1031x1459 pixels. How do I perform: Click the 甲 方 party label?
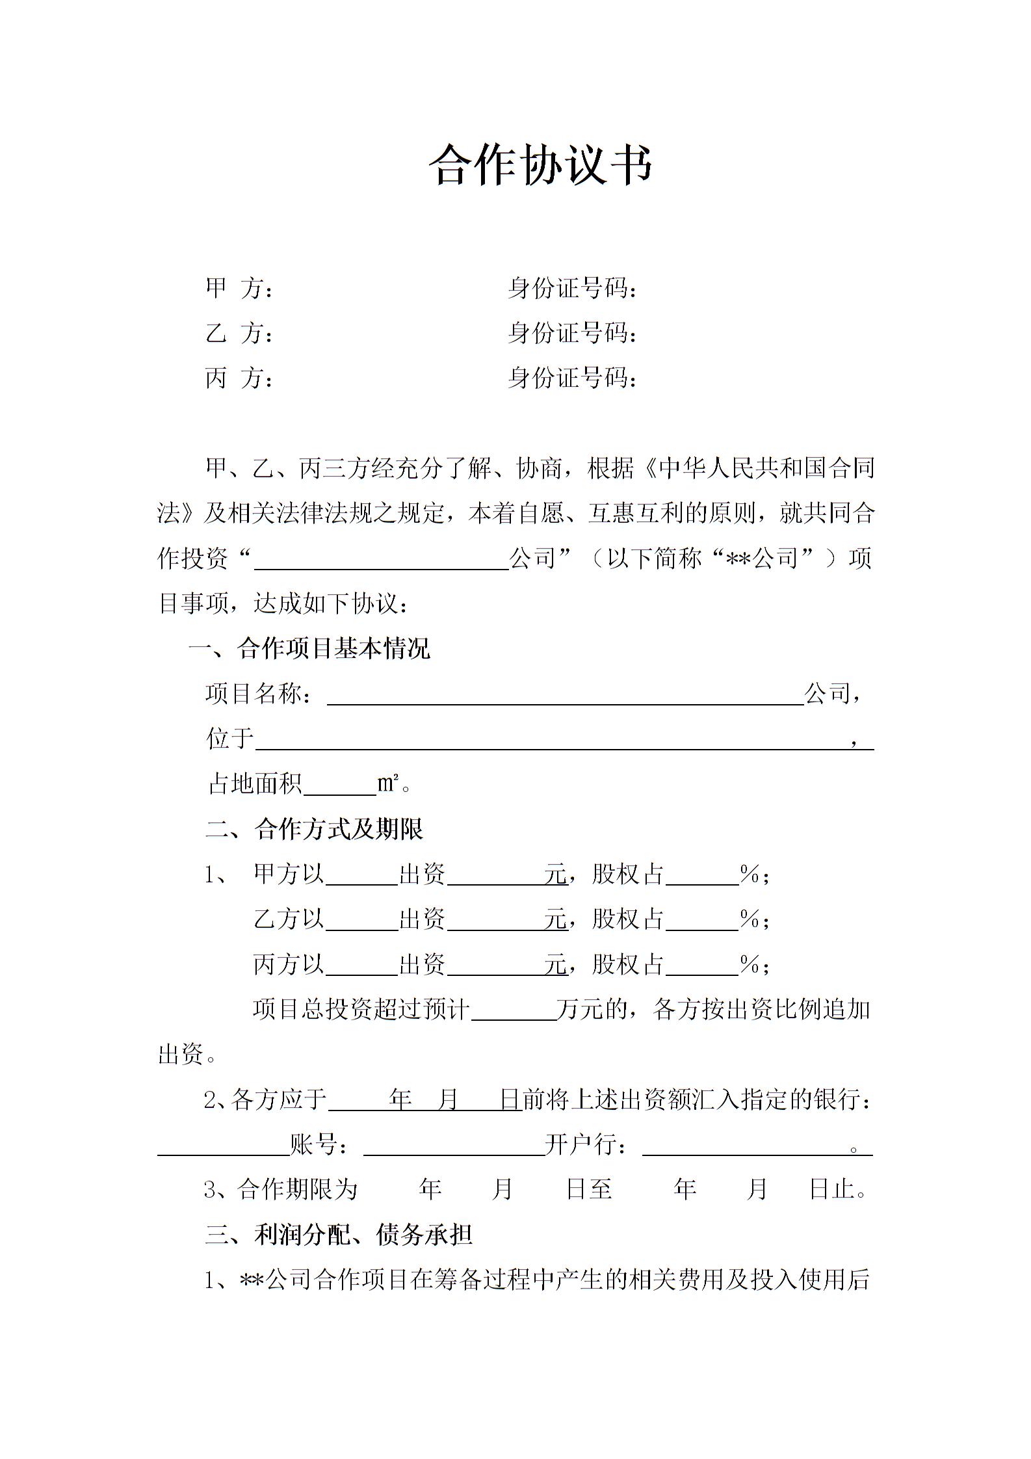click(239, 288)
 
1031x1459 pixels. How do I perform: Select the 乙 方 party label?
click(239, 333)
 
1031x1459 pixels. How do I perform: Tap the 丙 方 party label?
click(239, 378)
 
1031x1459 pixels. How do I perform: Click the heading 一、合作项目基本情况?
click(309, 649)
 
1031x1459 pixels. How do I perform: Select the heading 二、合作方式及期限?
click(315, 829)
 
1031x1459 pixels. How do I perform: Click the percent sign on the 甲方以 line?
click(750, 874)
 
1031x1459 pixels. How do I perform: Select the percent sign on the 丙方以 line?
click(750, 964)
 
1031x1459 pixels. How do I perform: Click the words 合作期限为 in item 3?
click(298, 1189)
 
